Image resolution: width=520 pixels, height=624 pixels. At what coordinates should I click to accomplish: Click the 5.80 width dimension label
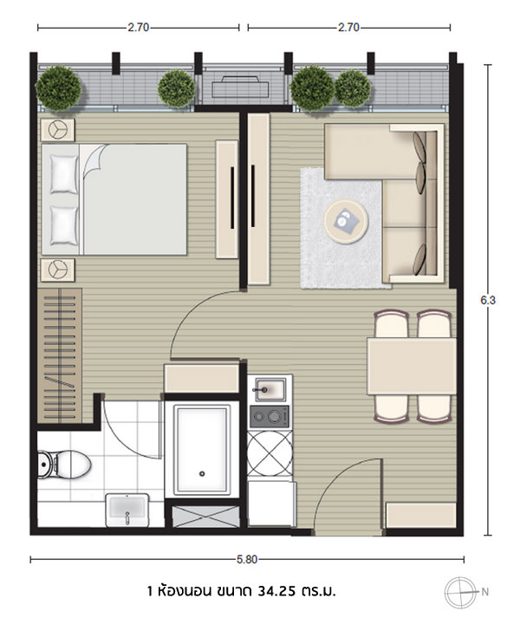point(247,560)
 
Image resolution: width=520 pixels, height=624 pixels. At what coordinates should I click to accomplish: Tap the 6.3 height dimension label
point(488,301)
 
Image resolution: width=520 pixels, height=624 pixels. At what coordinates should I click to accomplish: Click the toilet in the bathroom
point(64,464)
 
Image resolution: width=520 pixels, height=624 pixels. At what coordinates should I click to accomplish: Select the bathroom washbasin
point(127,510)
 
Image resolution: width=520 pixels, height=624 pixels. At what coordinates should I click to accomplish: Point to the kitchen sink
point(270,389)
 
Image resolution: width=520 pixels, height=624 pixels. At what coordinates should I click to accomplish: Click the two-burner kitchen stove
point(269,417)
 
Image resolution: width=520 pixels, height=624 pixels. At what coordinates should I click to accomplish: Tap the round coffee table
point(346,221)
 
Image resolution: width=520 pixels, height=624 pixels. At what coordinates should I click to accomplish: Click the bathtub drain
point(202,473)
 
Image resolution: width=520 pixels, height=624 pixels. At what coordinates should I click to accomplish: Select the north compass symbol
point(460,592)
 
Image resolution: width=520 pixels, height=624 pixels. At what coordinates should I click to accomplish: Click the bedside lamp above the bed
point(58,130)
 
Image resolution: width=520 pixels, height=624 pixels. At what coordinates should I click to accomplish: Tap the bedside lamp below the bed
point(58,270)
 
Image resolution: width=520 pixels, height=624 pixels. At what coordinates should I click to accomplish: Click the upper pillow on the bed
point(64,174)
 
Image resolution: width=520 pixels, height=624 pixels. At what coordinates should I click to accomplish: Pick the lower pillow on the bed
point(64,225)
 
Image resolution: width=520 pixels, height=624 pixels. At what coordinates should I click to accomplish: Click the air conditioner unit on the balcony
point(242,88)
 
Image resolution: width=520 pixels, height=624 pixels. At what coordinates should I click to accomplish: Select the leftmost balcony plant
point(59,88)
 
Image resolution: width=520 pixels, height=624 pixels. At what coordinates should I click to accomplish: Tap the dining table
point(412,366)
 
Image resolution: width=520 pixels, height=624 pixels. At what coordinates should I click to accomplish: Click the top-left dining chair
point(392,324)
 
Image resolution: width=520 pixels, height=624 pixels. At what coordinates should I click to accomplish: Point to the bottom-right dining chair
point(434,408)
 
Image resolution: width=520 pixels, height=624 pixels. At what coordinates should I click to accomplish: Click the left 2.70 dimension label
point(138,28)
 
